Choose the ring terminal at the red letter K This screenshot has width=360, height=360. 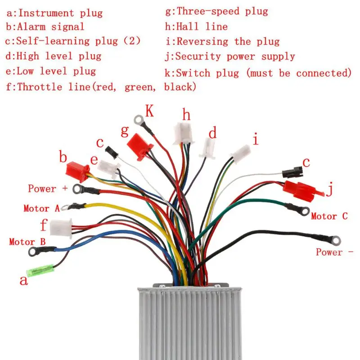(139, 119)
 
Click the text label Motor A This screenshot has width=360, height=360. (41, 208)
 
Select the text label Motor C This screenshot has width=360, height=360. (329, 216)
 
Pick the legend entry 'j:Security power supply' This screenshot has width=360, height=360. (230, 57)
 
